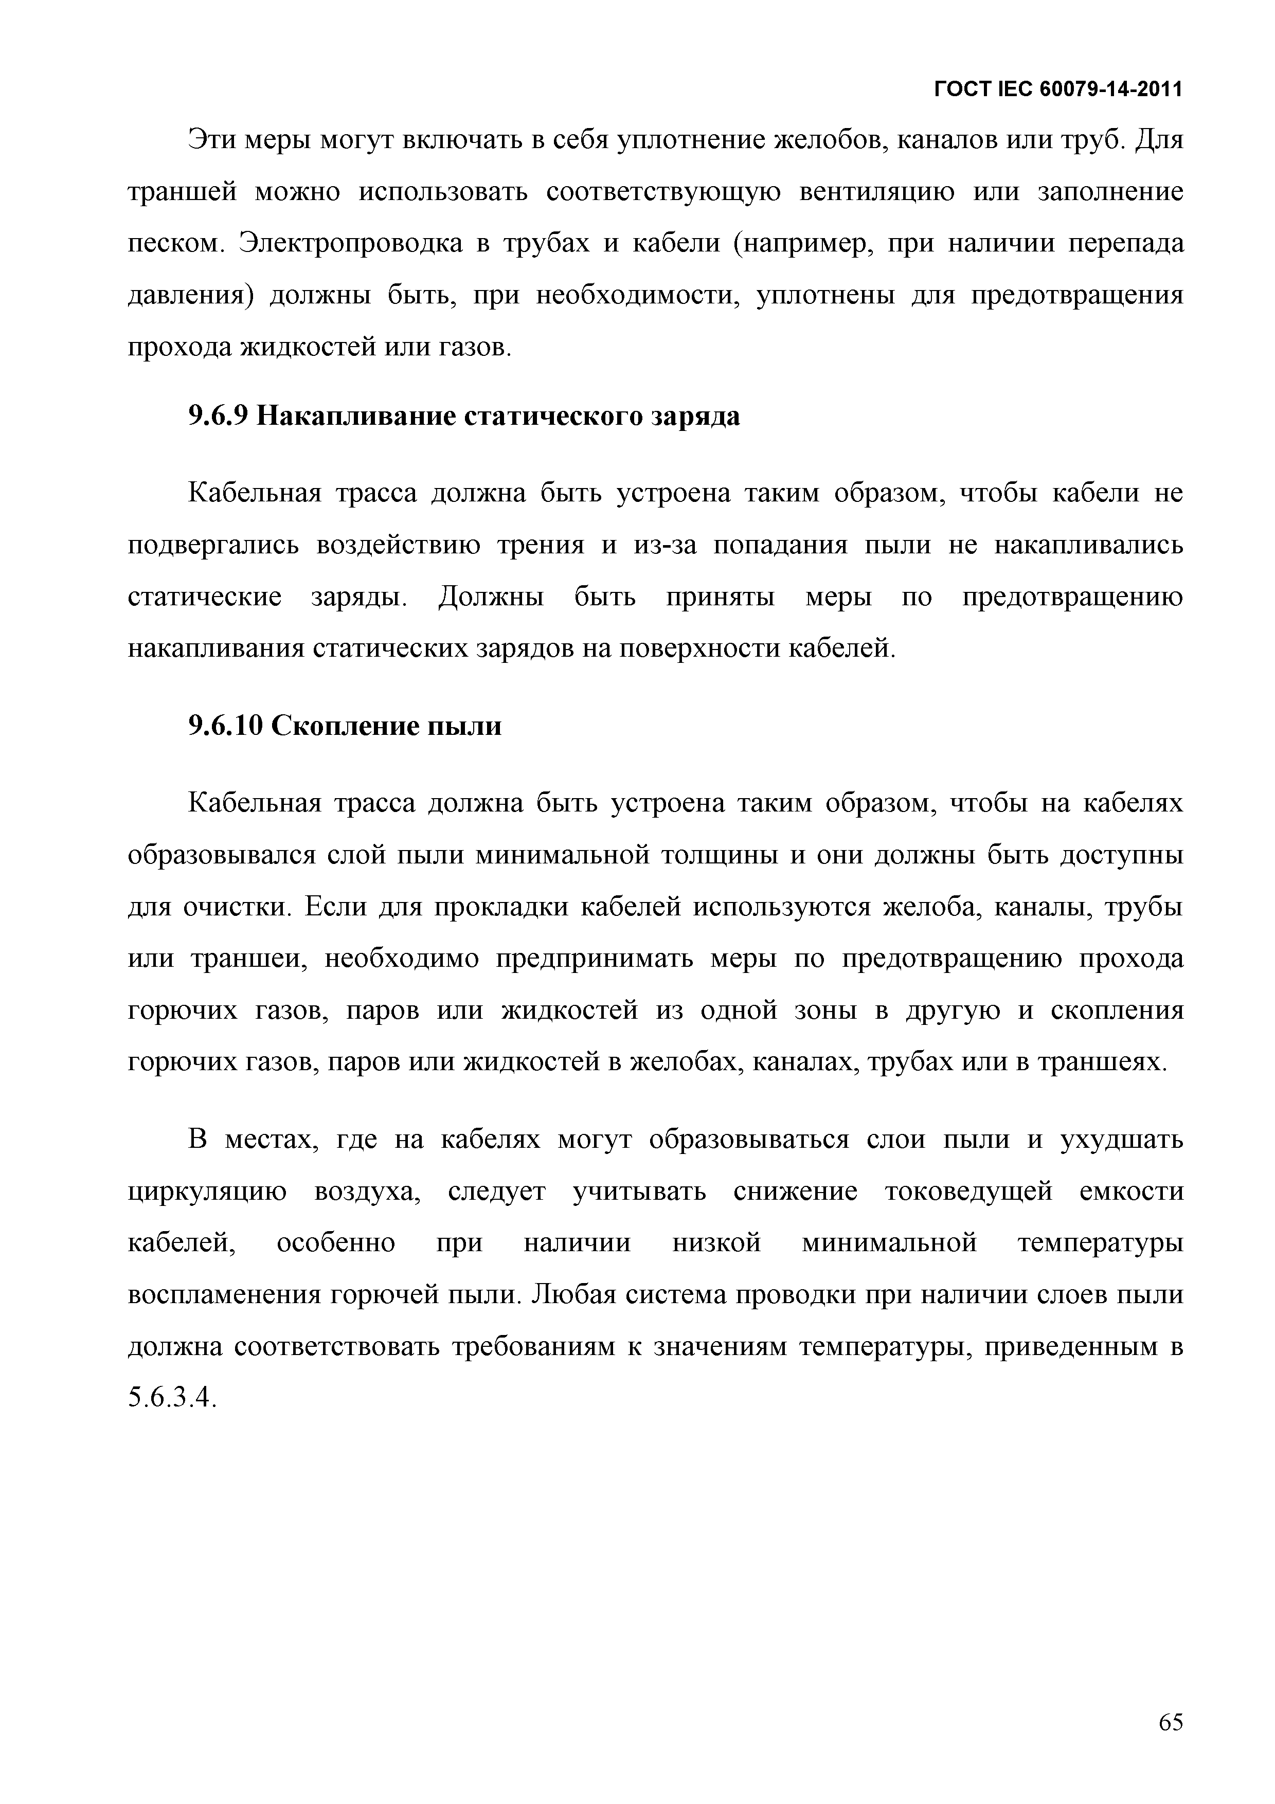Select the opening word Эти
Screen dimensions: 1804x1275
(209, 140)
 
